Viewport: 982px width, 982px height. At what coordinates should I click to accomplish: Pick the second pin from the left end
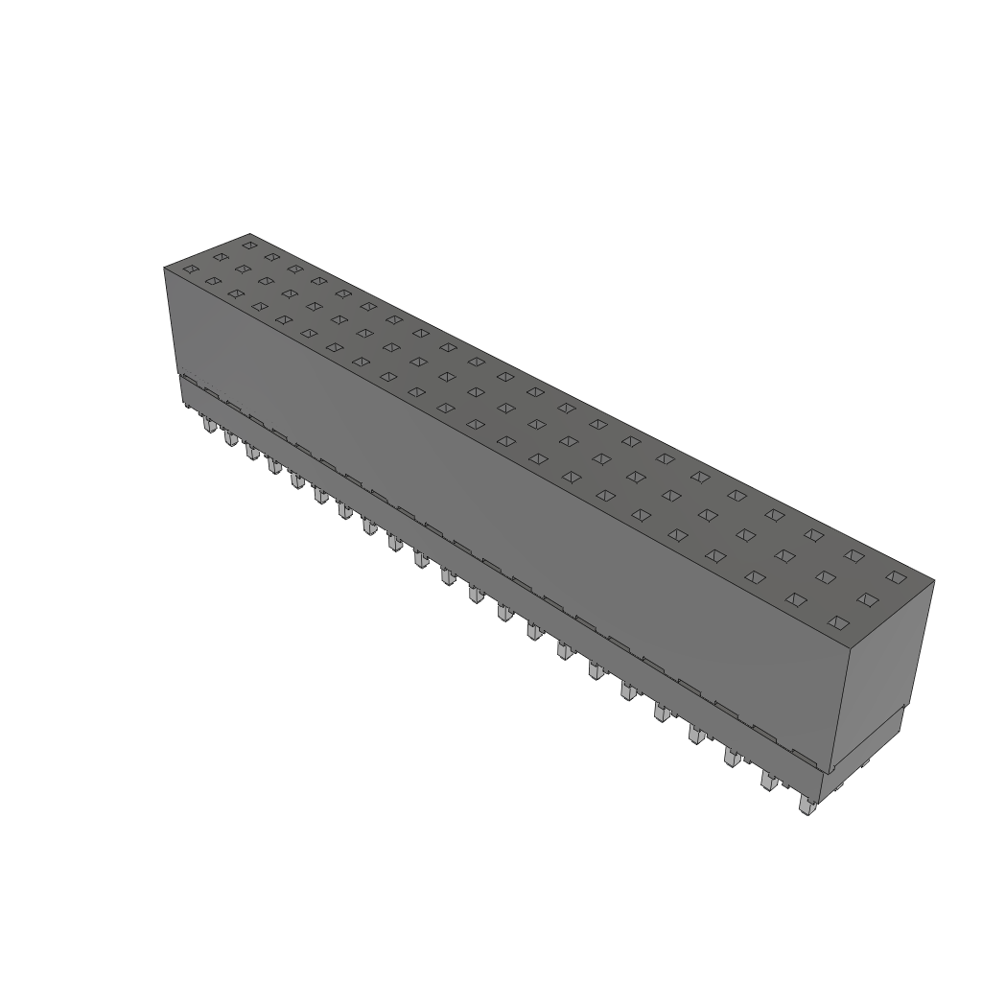coord(230,437)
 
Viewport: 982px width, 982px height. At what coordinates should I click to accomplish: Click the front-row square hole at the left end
coord(190,269)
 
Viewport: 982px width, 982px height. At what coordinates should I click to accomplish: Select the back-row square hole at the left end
coord(248,245)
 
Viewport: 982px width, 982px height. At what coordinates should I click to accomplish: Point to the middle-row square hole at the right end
coord(868,600)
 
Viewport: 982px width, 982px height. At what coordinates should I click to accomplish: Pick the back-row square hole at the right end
coord(896,577)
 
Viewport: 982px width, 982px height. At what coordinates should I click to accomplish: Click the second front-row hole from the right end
coord(795,599)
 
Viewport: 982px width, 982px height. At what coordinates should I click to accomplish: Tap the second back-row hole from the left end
coord(271,257)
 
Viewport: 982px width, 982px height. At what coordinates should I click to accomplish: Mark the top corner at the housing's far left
coord(165,269)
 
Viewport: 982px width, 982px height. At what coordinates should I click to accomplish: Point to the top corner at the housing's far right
coord(933,580)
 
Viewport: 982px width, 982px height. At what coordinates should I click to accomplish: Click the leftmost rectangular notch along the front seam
coord(205,390)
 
